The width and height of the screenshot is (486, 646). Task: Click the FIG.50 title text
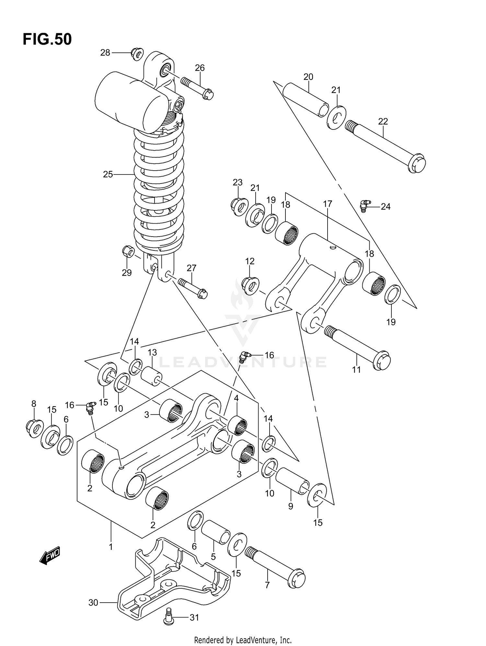47,39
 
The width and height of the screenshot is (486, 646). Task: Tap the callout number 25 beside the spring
108,174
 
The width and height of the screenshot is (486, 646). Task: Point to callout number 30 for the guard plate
93,603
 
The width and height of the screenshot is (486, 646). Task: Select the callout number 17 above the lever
328,204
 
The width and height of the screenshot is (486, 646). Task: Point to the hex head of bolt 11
382,360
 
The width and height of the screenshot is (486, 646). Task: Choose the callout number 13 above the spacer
152,352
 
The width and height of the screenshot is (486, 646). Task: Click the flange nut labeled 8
34,429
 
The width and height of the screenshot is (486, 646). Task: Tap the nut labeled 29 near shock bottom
128,251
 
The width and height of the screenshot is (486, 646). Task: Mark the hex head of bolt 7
296,578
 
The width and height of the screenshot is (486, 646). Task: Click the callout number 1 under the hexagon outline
110,547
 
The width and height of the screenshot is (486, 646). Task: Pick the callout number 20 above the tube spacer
308,77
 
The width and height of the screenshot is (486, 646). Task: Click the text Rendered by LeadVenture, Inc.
243,640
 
